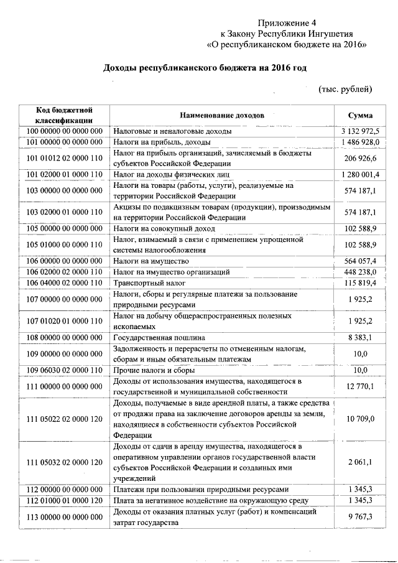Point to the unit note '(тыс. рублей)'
point(345,89)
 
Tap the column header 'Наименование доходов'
point(222,116)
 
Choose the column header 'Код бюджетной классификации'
point(65,116)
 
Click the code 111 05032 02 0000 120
point(65,463)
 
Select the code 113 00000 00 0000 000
point(65,516)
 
